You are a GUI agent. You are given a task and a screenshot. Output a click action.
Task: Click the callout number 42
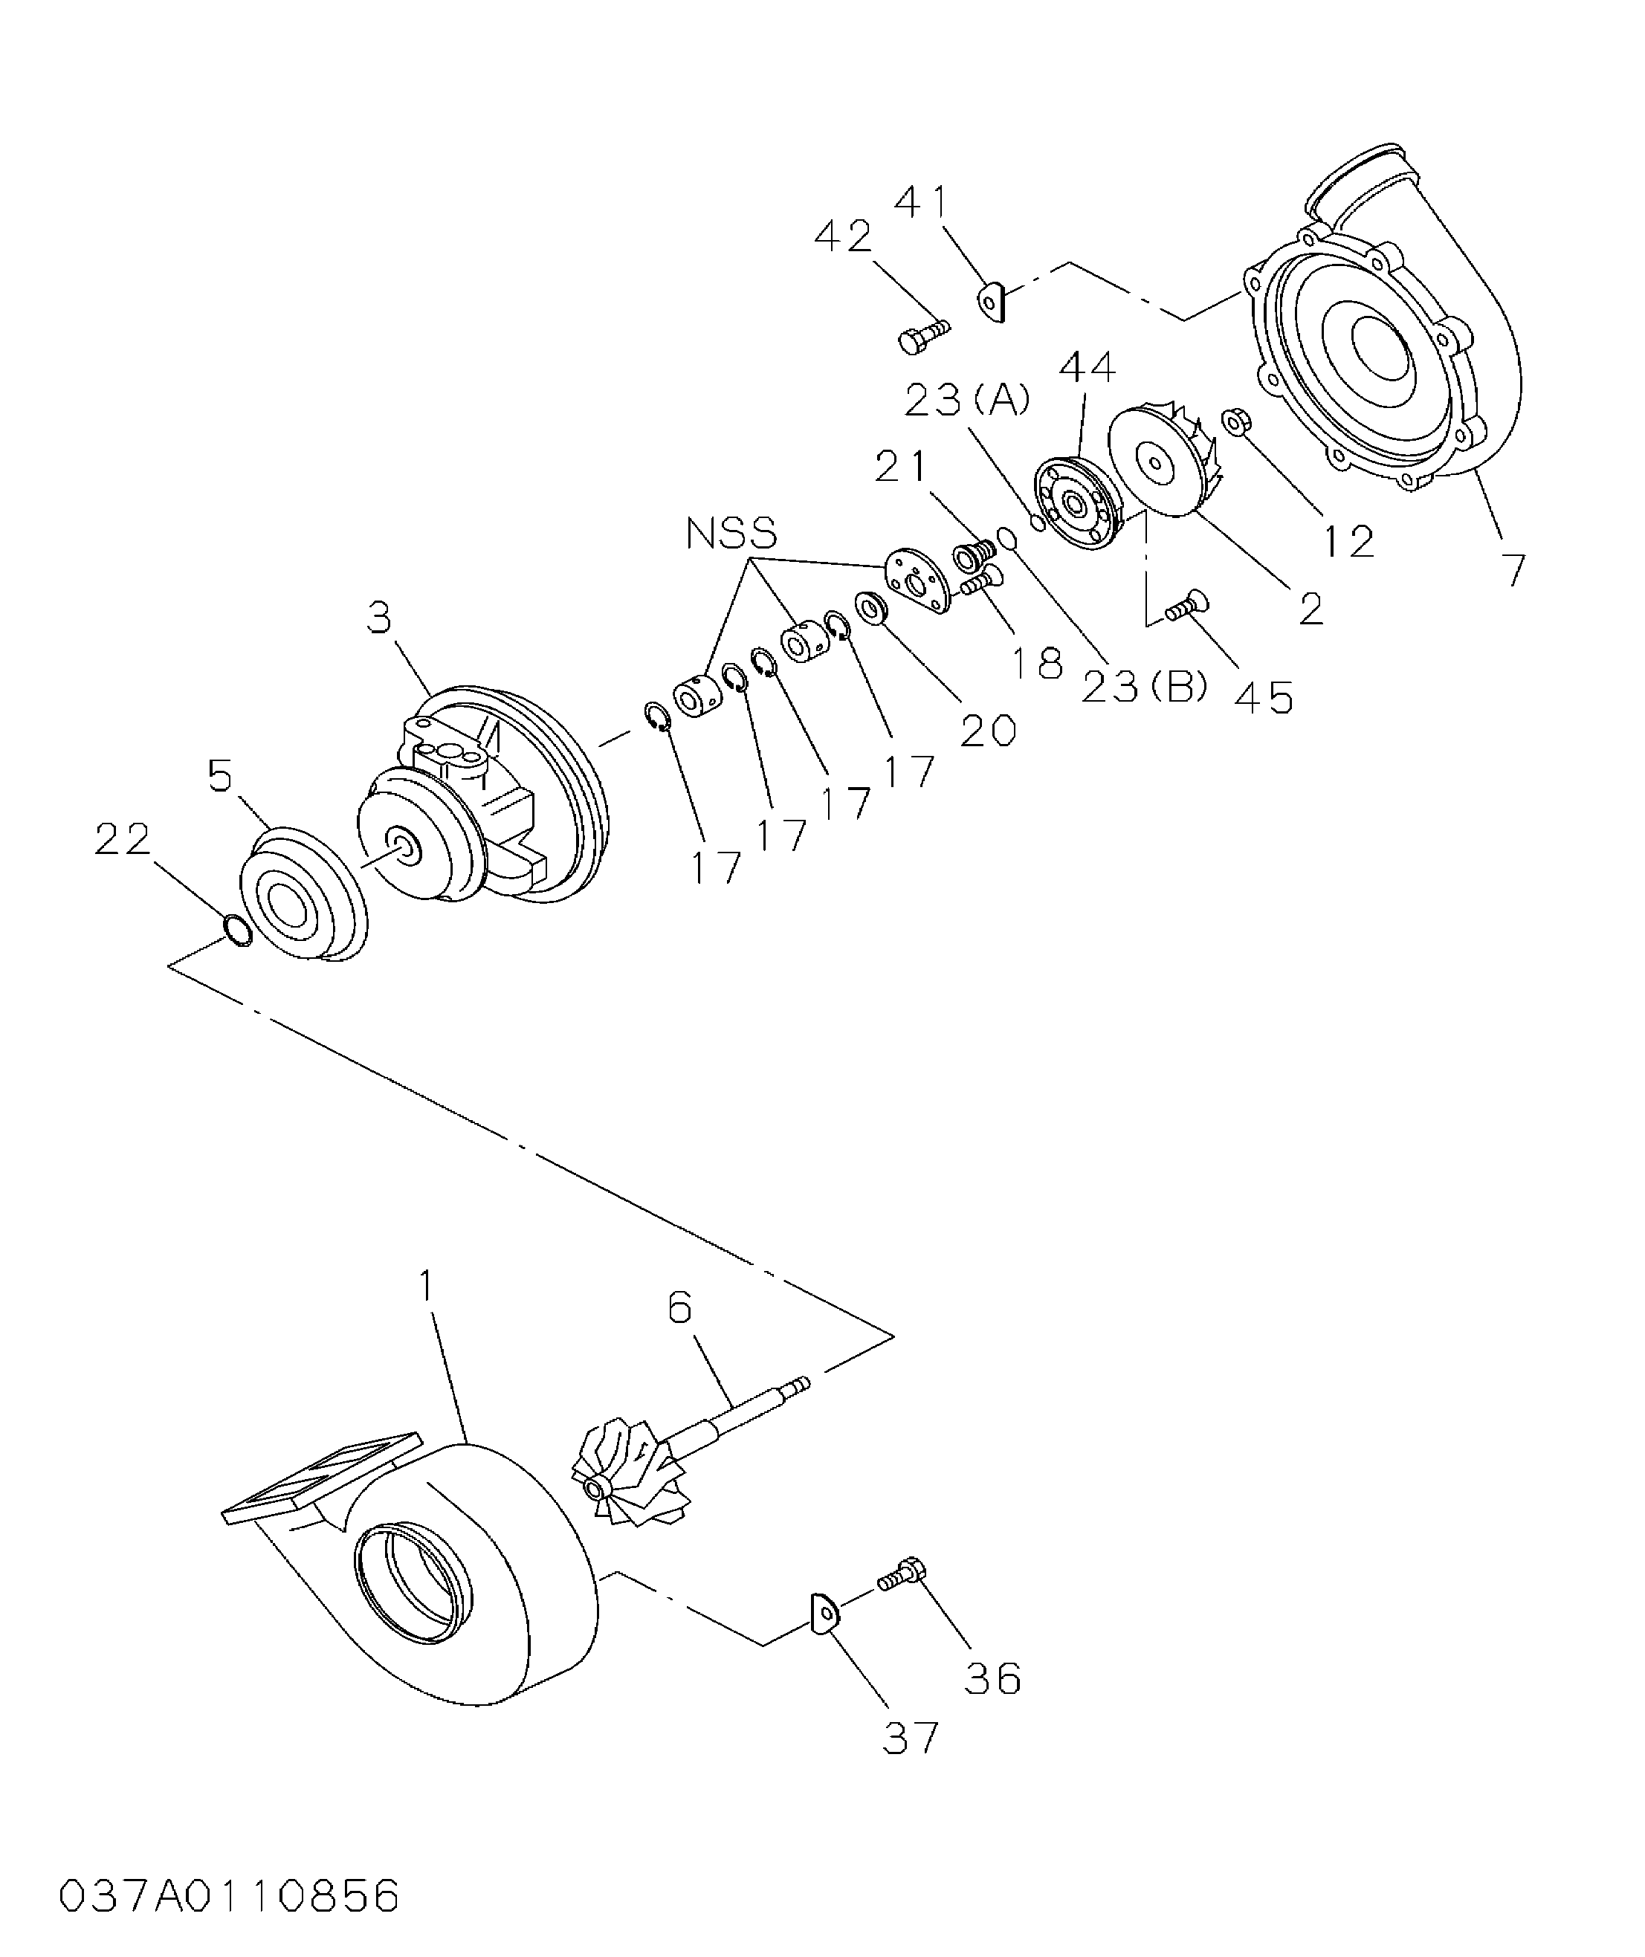843,237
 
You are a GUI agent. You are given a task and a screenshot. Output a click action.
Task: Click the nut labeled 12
1235,421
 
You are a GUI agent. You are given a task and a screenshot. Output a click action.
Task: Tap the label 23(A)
967,400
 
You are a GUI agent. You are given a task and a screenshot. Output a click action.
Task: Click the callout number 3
378,617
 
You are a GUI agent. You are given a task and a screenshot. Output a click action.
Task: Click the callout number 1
425,1287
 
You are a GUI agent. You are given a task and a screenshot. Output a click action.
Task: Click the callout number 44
1087,367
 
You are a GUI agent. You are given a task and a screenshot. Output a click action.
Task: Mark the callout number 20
988,731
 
